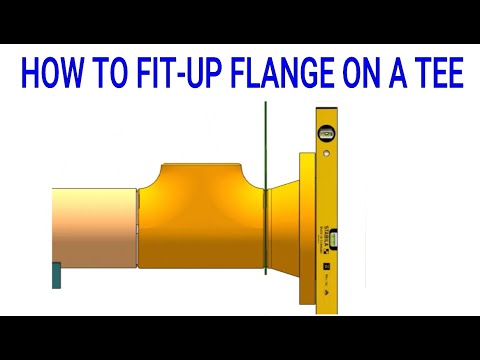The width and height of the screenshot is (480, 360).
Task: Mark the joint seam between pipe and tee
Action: tap(137, 228)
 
